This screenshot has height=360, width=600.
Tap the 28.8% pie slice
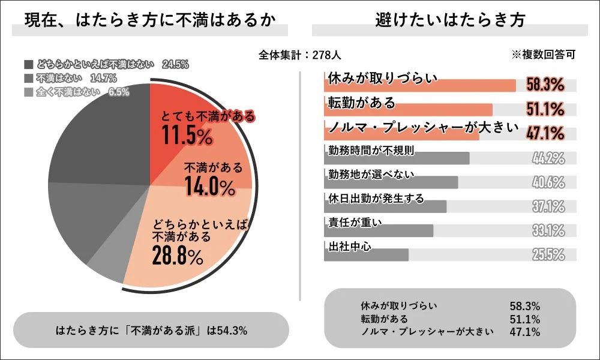[x=192, y=246]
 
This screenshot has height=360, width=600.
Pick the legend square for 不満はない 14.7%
[x=29, y=78]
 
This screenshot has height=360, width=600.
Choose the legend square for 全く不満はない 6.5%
[x=29, y=92]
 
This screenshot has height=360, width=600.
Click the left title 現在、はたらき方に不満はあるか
[x=150, y=20]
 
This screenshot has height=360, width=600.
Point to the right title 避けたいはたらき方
[x=450, y=20]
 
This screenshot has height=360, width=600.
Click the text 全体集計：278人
[x=300, y=55]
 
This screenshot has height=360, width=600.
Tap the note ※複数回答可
[x=543, y=55]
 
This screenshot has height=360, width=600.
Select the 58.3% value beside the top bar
[x=545, y=85]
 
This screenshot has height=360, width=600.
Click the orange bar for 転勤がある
[x=408, y=110]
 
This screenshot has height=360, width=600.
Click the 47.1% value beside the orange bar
[x=545, y=133]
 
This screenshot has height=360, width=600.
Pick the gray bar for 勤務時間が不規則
[x=396, y=158]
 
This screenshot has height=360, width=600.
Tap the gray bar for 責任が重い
[x=378, y=230]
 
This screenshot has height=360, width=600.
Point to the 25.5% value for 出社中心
[x=548, y=254]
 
